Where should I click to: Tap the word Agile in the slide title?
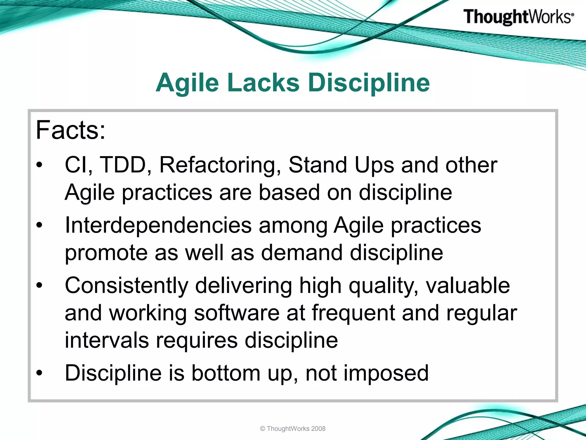[187, 83]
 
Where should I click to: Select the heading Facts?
[71, 130]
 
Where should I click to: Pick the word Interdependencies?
[158, 225]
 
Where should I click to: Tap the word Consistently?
[126, 286]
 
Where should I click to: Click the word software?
[237, 313]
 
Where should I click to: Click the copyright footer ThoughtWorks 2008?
[293, 429]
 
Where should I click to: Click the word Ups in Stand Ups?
[374, 166]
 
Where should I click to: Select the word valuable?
[468, 286]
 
